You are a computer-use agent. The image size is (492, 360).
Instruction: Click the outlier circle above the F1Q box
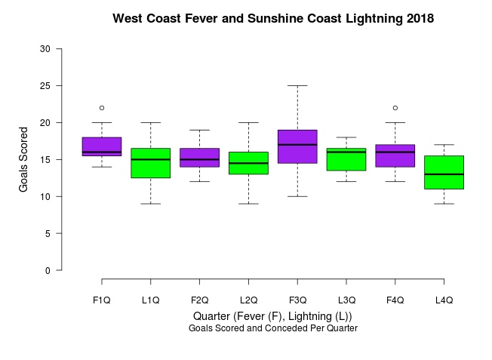tap(102, 108)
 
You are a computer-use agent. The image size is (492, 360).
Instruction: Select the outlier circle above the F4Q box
tap(395, 108)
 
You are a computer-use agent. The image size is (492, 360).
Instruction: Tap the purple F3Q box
tap(297, 146)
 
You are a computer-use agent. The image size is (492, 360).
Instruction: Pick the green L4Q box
tap(444, 172)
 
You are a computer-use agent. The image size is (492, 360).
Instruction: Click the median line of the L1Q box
tap(151, 159)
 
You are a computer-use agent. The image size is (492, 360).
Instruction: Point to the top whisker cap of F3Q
tap(297, 85)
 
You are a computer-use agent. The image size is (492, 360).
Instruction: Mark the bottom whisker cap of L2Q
tap(248, 204)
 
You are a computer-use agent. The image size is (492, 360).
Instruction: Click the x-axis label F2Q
tap(199, 300)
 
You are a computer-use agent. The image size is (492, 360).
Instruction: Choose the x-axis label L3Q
tap(346, 300)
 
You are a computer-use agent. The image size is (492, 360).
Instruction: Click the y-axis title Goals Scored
tap(23, 159)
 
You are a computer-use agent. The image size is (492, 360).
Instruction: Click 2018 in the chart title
tap(420, 18)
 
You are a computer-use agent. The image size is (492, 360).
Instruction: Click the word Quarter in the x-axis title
tap(211, 316)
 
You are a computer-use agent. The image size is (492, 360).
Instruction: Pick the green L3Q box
tap(346, 159)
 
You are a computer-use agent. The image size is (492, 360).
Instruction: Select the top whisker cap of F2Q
tap(199, 130)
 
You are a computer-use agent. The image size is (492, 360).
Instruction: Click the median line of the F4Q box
tap(395, 152)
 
